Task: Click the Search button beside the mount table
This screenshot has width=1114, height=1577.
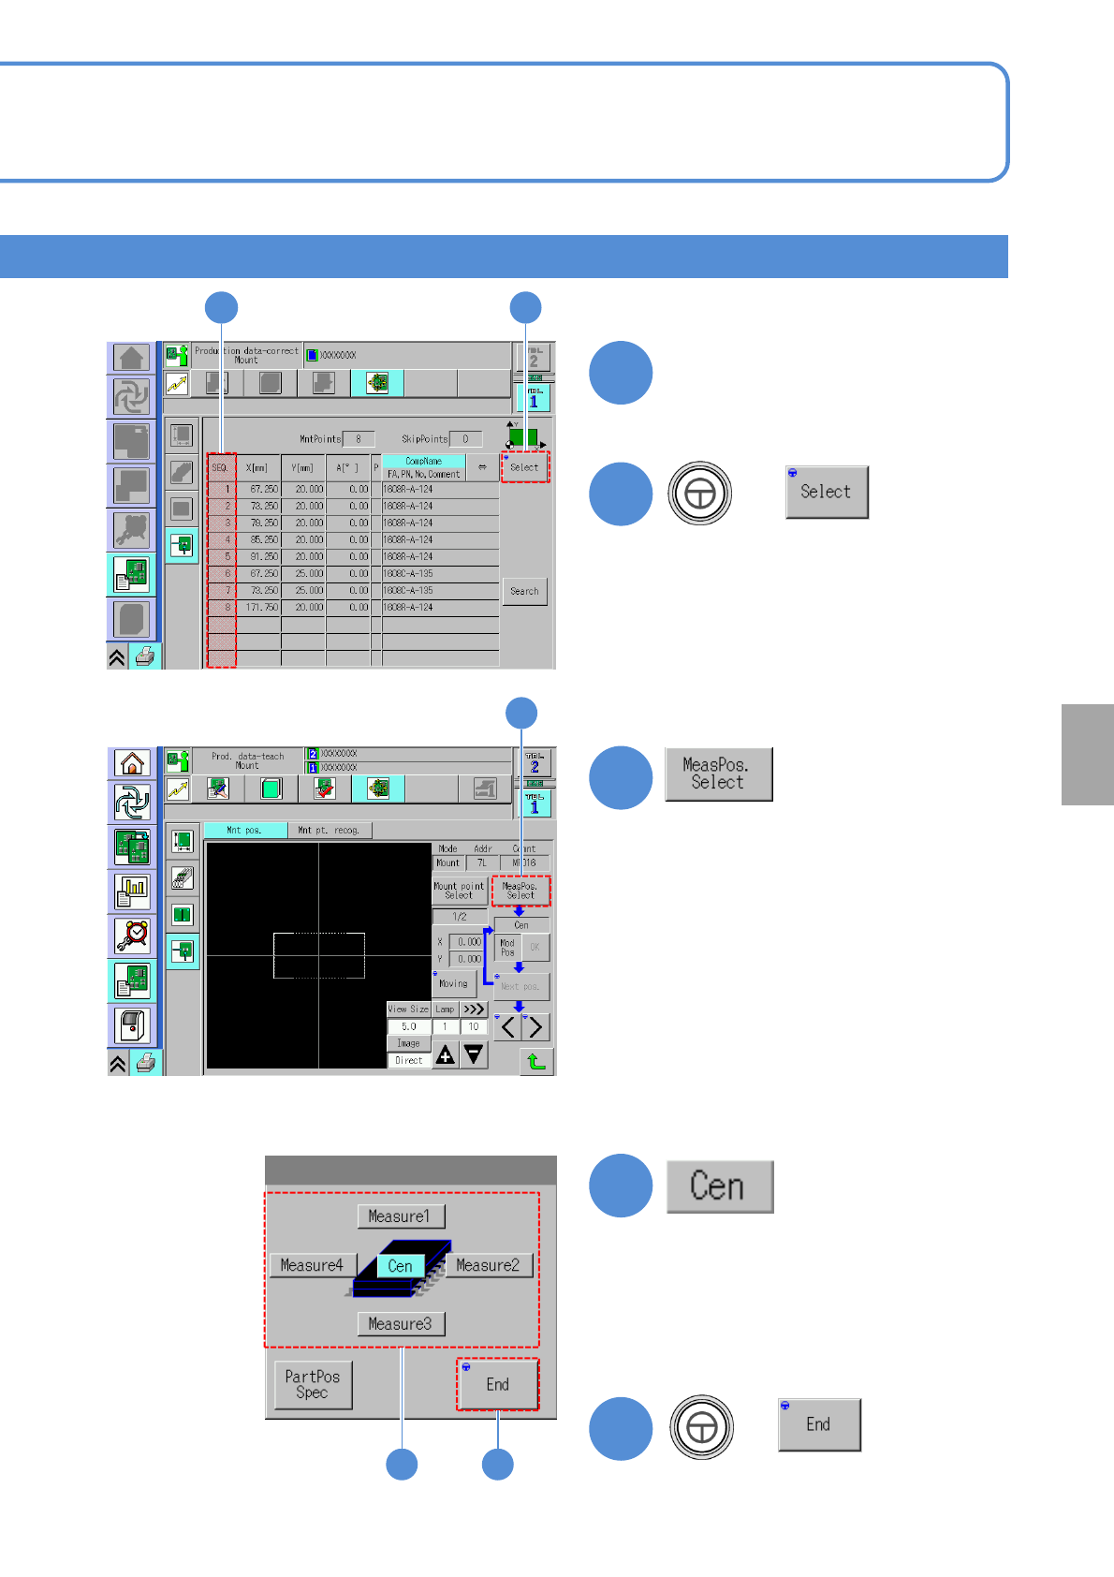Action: [524, 591]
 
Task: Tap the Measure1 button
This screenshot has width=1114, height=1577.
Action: [400, 1216]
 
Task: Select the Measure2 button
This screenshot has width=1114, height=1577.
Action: [488, 1265]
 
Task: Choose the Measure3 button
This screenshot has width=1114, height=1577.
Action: [400, 1323]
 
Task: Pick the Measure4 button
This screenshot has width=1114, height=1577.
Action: [313, 1265]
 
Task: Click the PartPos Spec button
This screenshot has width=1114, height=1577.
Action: [313, 1384]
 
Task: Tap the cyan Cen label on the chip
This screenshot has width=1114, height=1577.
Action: [401, 1266]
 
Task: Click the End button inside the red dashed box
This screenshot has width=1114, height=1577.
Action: [498, 1384]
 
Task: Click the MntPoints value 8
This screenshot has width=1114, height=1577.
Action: [359, 438]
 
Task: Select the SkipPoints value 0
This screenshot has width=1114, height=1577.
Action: [465, 438]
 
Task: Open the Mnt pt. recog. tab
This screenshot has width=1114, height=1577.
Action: [330, 830]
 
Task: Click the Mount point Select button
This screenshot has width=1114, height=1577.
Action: [459, 891]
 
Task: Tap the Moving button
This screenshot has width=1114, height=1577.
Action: [454, 983]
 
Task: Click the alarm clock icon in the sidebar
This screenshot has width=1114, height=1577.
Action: [132, 935]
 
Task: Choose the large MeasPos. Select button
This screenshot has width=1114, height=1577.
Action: [718, 774]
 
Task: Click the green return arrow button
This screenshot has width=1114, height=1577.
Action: [536, 1061]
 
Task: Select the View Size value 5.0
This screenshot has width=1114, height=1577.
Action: [409, 1026]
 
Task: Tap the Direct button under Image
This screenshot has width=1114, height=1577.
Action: [409, 1060]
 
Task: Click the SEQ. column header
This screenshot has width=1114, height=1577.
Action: [221, 467]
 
